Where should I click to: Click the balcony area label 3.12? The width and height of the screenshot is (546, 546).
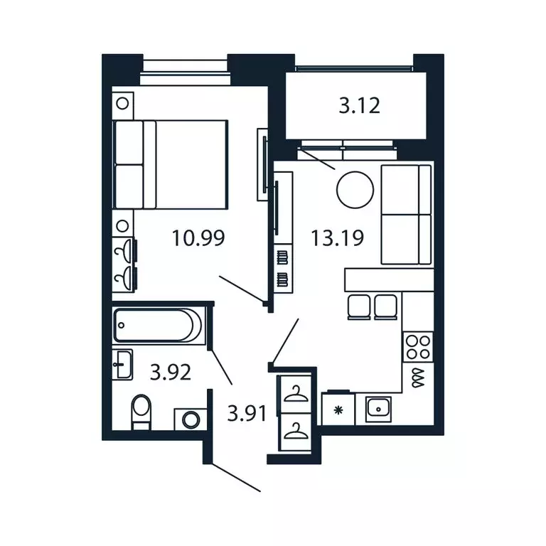[x=359, y=105]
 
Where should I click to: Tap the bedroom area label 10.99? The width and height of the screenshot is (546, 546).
[x=198, y=238]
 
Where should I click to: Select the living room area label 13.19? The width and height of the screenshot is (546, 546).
[x=337, y=238]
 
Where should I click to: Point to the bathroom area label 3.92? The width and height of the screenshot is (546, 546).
[x=171, y=372]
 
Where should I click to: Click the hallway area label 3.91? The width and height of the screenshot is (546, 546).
[x=247, y=413]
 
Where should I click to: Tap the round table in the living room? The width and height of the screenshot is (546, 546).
[x=355, y=190]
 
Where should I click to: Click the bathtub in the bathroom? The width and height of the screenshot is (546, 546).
[x=157, y=325]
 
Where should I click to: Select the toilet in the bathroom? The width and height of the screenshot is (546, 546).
[x=141, y=412]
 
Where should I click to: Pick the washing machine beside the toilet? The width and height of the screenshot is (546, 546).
[x=190, y=419]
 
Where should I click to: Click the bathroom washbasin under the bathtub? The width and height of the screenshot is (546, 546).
[x=122, y=365]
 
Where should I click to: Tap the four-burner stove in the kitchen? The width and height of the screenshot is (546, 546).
[x=418, y=347]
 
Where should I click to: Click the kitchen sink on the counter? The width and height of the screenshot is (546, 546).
[x=378, y=409]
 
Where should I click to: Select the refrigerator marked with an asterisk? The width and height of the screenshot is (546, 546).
[x=338, y=409]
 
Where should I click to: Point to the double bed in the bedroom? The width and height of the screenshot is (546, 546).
[x=171, y=165]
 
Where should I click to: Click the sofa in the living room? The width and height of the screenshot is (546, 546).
[x=407, y=215]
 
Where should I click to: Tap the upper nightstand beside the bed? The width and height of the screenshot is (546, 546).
[x=122, y=103]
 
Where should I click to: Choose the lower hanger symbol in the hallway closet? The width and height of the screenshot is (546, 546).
[x=296, y=432]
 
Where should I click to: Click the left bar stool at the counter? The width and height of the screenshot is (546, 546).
[x=359, y=307]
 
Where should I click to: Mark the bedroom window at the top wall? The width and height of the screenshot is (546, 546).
[x=186, y=73]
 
